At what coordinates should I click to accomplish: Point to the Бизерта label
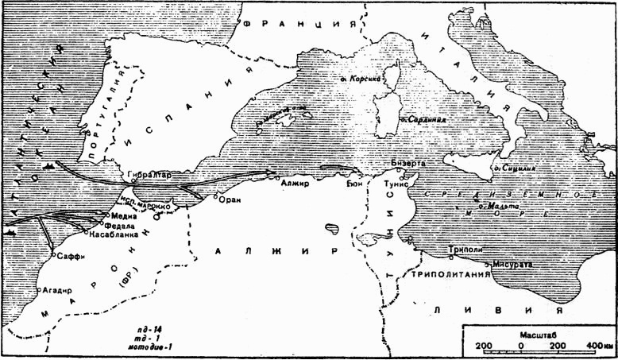pos(408,162)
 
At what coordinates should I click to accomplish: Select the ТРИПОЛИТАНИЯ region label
pos(448,274)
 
